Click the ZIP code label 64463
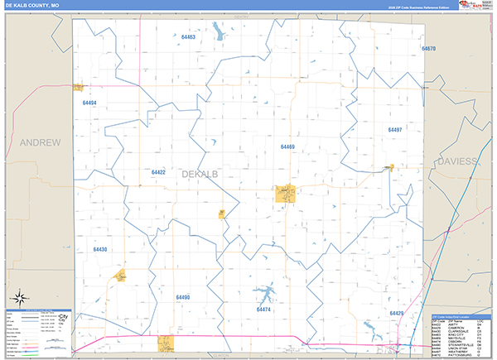coord(188,37)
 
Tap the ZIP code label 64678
coord(428,49)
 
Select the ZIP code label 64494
coord(89,103)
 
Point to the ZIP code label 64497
coord(394,130)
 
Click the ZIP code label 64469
coord(287,146)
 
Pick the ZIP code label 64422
coord(158,172)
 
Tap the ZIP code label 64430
coord(100,248)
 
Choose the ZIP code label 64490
coord(183,296)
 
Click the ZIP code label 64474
coord(264,310)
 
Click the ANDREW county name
coord(41,142)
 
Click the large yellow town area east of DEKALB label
coord(286,194)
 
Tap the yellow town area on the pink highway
coord(166,342)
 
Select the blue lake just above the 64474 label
coord(265,294)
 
